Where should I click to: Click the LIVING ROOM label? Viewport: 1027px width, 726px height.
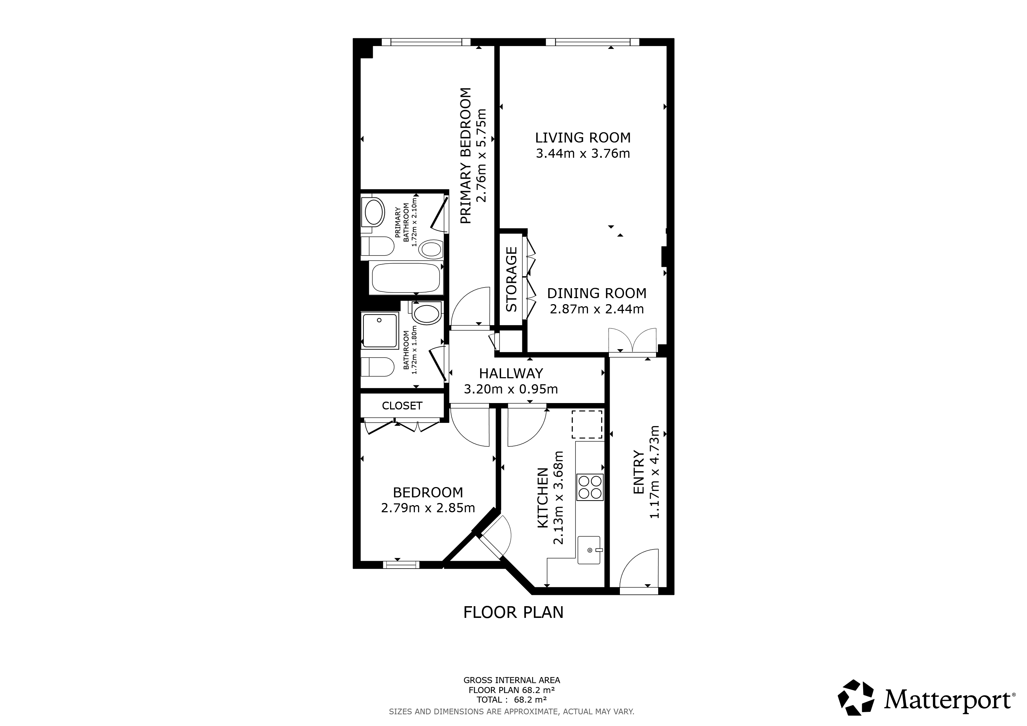coord(583,137)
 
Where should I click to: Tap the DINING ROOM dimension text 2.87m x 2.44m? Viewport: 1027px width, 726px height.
coord(597,309)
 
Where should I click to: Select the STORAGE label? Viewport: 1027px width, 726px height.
coord(511,279)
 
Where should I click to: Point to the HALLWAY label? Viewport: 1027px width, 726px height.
coord(511,373)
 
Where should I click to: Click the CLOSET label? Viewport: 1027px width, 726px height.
coord(402,406)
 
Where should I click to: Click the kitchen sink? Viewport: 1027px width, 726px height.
coord(589,550)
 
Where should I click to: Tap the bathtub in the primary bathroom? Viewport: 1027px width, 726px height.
coord(406,278)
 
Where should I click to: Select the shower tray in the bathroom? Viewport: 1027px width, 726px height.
coord(380,331)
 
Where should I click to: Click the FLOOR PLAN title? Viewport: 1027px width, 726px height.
coord(513,613)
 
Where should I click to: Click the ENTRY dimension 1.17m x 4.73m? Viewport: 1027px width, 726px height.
coord(654,472)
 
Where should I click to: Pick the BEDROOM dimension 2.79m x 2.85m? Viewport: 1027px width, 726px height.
coord(428,508)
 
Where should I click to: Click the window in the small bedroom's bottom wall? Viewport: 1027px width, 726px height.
coord(401,565)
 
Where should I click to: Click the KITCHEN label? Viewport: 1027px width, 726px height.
coord(543,504)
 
